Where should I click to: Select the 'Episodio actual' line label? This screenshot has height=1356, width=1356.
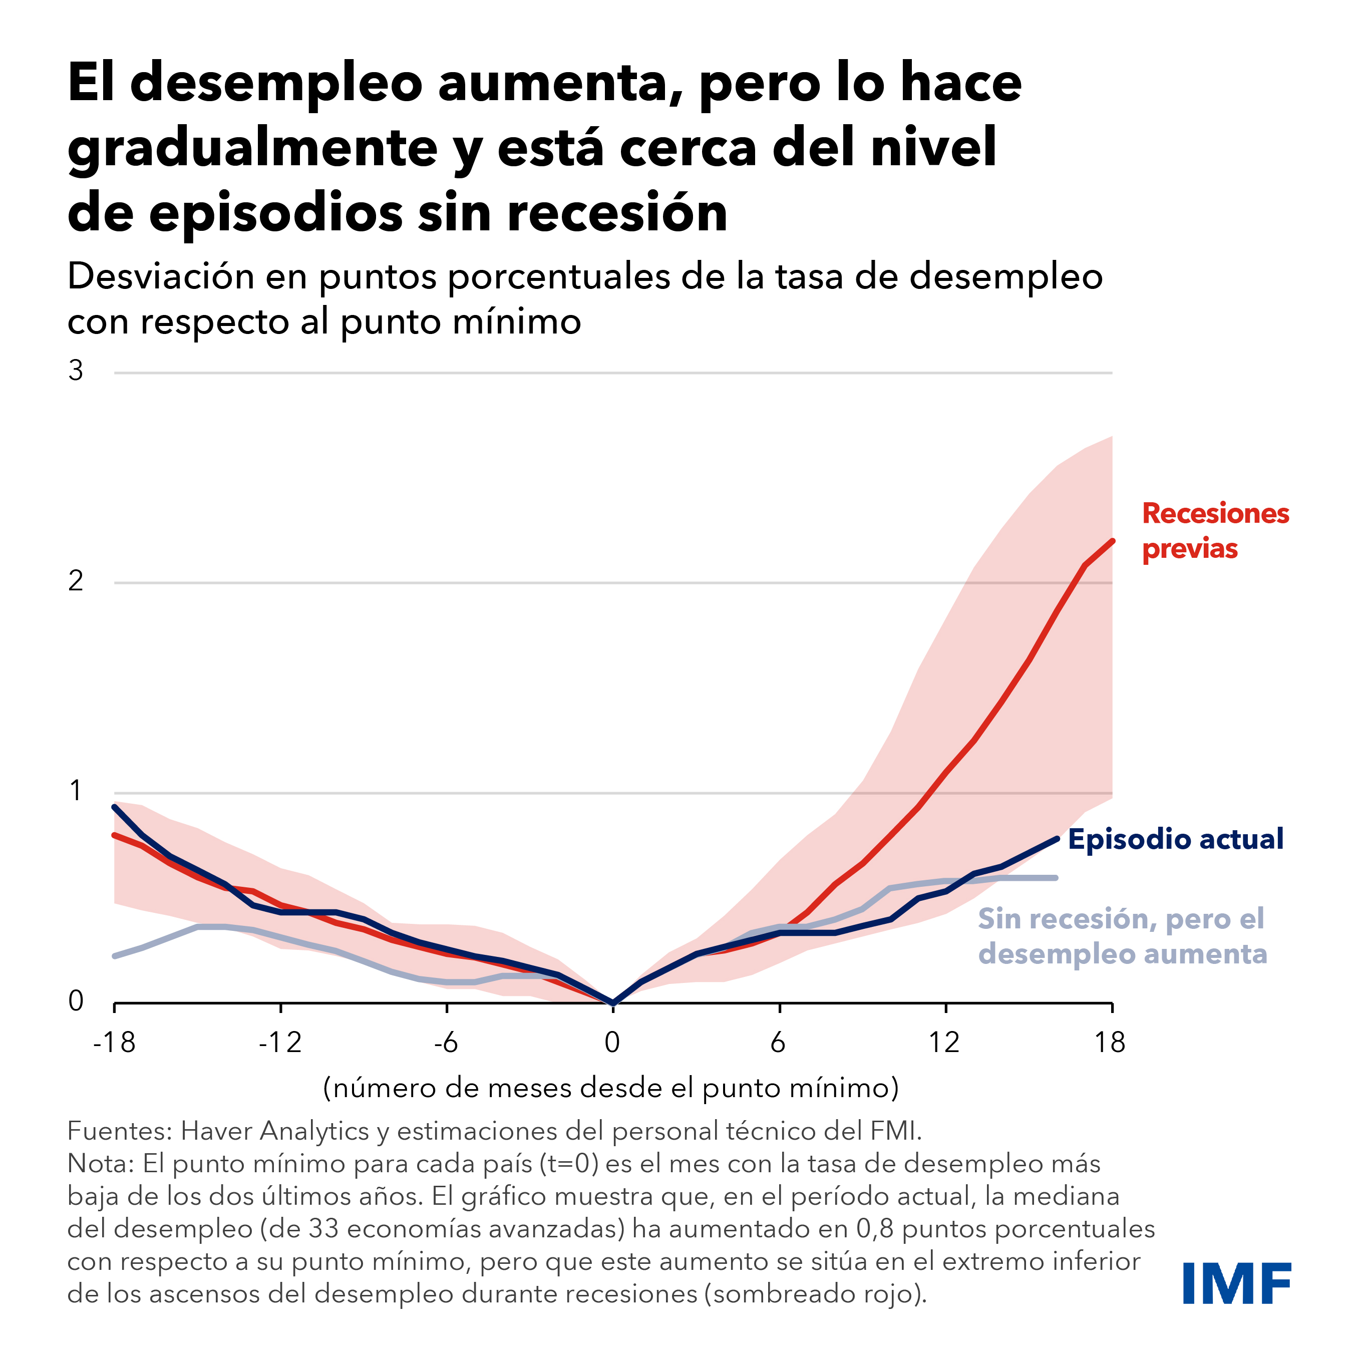tap(1176, 839)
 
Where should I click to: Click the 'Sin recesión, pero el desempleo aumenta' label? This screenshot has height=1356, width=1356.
tap(1122, 936)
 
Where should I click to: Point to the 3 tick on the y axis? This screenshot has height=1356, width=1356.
tap(76, 371)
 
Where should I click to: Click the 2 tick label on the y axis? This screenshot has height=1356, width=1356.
tap(76, 580)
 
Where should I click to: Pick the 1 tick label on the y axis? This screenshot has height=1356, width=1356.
tap(76, 791)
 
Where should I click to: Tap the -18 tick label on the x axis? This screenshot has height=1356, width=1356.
tap(114, 1043)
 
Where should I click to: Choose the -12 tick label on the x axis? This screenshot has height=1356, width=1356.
tap(280, 1043)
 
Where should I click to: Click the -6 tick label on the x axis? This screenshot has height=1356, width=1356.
tap(446, 1043)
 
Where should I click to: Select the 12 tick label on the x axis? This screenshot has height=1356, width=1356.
tap(945, 1043)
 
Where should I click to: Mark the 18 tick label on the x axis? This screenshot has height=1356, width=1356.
tap(1110, 1043)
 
